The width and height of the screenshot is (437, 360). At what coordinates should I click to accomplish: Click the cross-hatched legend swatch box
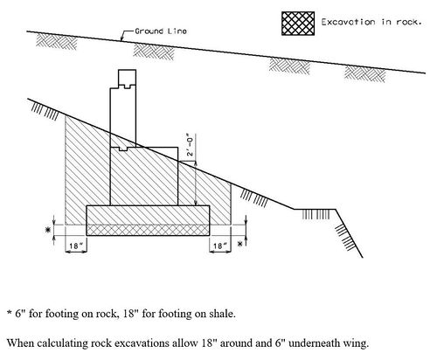298,24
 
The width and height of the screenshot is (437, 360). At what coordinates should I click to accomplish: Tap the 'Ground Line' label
161,31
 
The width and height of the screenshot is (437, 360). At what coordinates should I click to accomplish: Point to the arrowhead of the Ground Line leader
121,38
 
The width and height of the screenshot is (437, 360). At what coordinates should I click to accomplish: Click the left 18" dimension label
74,246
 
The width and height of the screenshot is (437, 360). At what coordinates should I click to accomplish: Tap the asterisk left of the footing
47,230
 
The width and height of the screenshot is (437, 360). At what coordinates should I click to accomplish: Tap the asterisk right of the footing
240,244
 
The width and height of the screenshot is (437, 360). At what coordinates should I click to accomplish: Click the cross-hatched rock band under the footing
148,230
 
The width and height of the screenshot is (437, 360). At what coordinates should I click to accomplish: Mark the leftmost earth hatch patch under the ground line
56,41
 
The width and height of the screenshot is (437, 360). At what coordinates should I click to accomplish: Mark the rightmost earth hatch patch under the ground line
364,73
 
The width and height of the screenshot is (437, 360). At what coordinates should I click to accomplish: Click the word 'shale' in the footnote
221,314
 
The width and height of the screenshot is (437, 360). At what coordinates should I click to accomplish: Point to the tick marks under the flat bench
316,215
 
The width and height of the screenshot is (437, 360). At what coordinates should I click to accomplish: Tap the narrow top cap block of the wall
127,79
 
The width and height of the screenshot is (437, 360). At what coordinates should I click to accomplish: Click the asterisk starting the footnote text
10,312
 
